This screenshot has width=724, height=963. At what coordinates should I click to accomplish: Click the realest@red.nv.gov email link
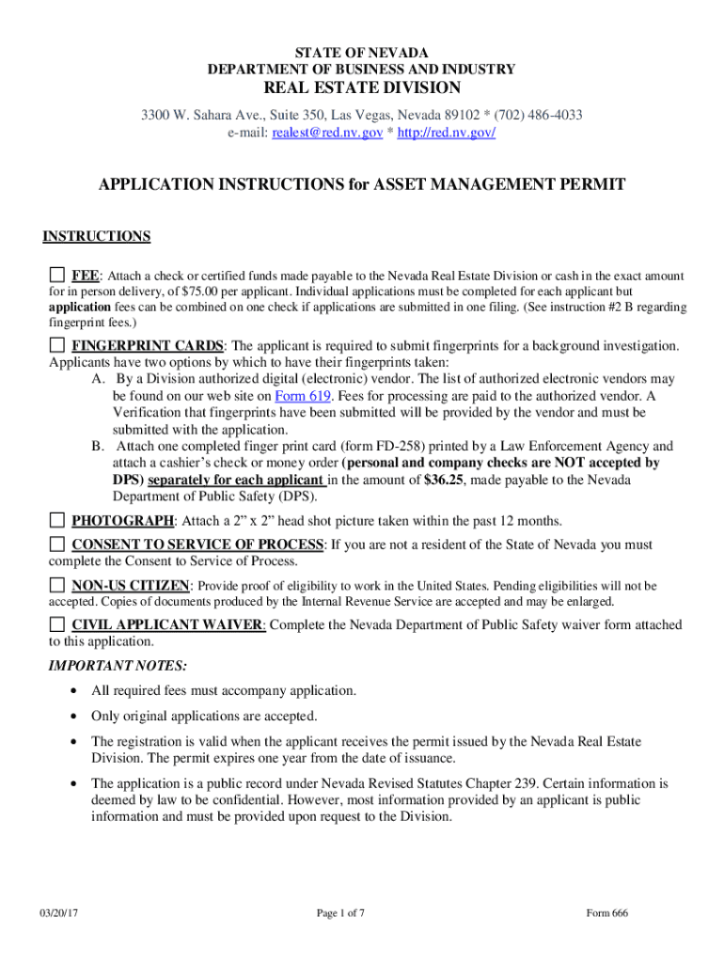pyautogui.click(x=327, y=134)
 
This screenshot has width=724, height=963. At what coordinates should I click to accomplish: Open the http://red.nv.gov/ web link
pyautogui.click(x=447, y=134)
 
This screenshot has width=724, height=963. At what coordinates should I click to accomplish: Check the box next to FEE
pyautogui.click(x=57, y=276)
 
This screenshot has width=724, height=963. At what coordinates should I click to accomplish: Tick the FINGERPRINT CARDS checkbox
pyautogui.click(x=57, y=345)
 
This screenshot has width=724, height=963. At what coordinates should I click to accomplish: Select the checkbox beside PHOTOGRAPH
pyautogui.click(x=57, y=520)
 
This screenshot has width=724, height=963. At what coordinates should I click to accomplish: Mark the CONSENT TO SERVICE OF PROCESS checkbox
pyautogui.click(x=57, y=545)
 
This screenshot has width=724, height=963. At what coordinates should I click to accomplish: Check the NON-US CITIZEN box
pyautogui.click(x=57, y=585)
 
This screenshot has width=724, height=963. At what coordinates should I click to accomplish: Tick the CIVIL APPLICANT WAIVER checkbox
pyautogui.click(x=57, y=624)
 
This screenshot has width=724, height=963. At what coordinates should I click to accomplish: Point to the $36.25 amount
pyautogui.click(x=443, y=481)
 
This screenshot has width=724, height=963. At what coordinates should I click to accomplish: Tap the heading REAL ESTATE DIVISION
pyautogui.click(x=361, y=88)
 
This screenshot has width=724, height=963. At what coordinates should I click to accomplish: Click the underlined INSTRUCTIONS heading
pyautogui.click(x=96, y=236)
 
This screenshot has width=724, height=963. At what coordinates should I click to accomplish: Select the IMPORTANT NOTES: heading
pyautogui.click(x=118, y=666)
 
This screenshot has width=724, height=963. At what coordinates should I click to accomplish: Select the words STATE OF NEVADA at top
pyautogui.click(x=361, y=52)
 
